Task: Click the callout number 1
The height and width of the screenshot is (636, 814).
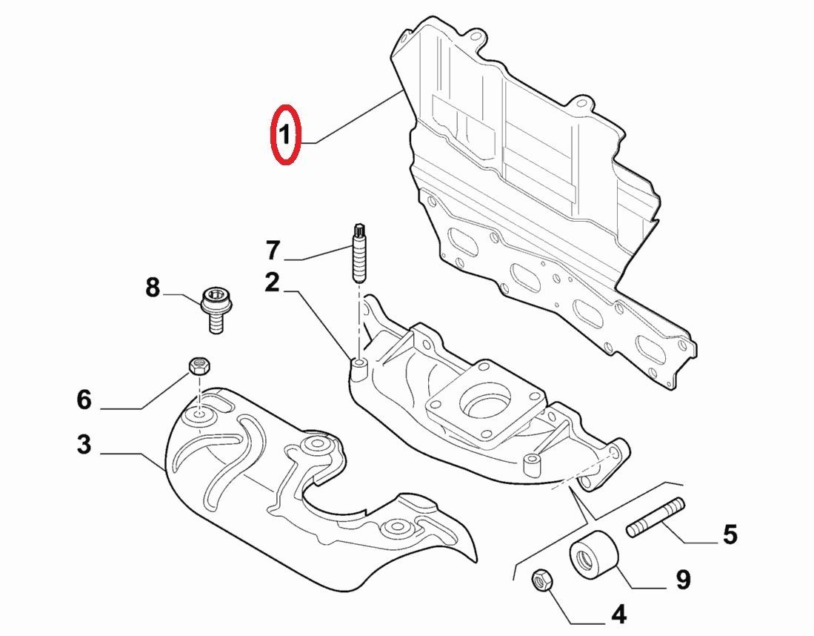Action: pyautogui.click(x=285, y=135)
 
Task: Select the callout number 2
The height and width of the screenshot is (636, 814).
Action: pyautogui.click(x=273, y=282)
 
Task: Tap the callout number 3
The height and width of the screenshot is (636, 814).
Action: pyautogui.click(x=84, y=445)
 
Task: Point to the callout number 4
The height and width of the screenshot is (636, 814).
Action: pyautogui.click(x=618, y=614)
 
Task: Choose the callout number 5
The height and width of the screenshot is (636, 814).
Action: pyautogui.click(x=730, y=533)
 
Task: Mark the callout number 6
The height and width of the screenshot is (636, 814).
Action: pyautogui.click(x=84, y=400)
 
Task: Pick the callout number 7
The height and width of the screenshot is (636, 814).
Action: pyautogui.click(x=274, y=251)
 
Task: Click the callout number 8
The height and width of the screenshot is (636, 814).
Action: pyautogui.click(x=152, y=287)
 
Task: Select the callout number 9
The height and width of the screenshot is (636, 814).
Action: pyautogui.click(x=682, y=579)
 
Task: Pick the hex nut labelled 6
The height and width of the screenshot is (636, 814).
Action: pyautogui.click(x=197, y=365)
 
